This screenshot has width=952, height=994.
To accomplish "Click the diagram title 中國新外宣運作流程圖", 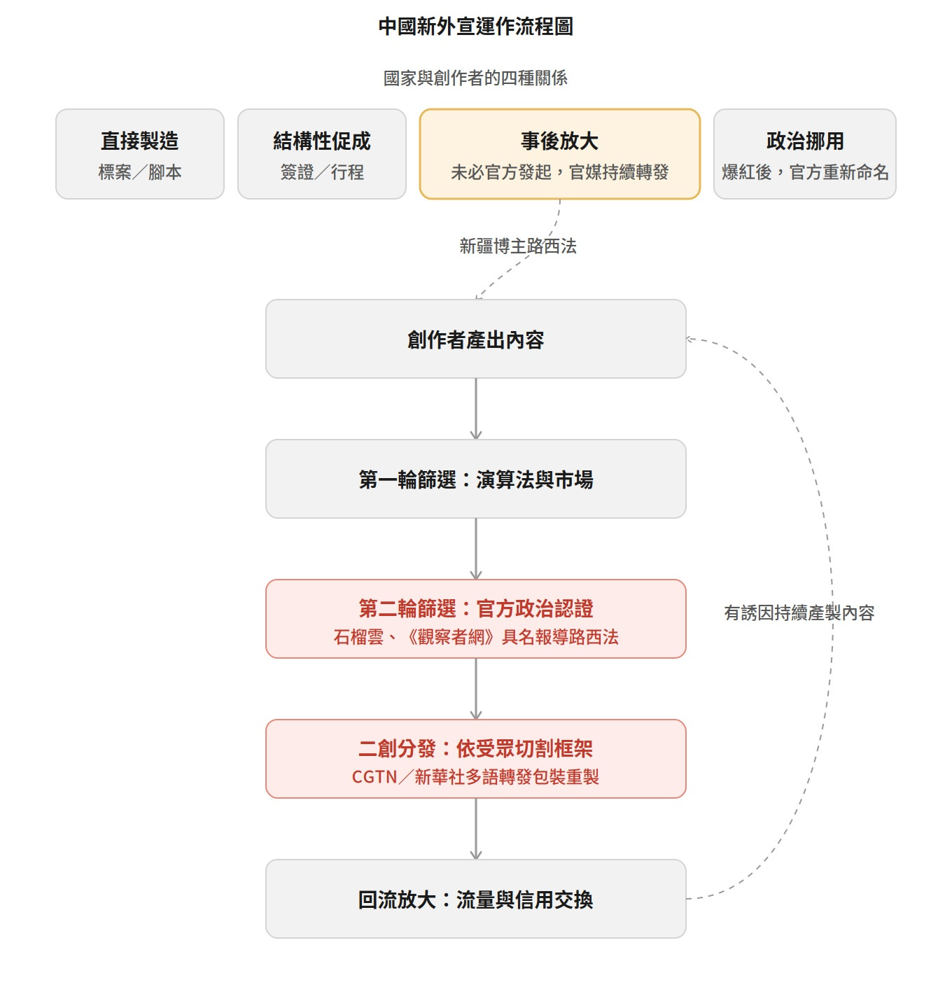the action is (475, 27).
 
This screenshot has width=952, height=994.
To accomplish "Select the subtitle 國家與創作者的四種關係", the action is (475, 78).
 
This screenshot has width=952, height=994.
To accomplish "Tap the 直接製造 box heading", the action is (139, 141).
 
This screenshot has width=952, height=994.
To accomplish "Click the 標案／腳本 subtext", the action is (139, 172).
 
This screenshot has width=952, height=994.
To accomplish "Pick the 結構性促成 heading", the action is (322, 141).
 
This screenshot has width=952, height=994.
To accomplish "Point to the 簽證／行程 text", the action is (322, 172).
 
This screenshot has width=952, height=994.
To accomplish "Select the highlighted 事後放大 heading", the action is (559, 141).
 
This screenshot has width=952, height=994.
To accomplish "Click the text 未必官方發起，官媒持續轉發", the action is (559, 172).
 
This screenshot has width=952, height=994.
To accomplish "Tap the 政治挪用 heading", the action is (805, 141).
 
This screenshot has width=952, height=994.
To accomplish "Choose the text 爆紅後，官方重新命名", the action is (805, 172).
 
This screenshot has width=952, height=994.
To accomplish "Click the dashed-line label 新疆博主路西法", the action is (518, 246).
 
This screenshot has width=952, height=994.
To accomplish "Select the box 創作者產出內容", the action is (475, 339).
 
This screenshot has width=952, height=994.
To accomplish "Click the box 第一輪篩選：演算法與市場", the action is (475, 479).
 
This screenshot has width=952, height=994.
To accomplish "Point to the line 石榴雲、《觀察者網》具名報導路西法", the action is (475, 637).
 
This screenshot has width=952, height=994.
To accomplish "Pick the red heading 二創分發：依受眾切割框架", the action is (475, 749).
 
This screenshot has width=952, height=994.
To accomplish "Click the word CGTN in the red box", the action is (374, 777).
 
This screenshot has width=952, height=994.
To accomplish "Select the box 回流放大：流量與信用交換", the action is (475, 899).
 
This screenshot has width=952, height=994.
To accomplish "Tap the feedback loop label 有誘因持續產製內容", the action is (799, 613).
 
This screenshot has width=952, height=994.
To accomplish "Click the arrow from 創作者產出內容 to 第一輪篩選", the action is (476, 409).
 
